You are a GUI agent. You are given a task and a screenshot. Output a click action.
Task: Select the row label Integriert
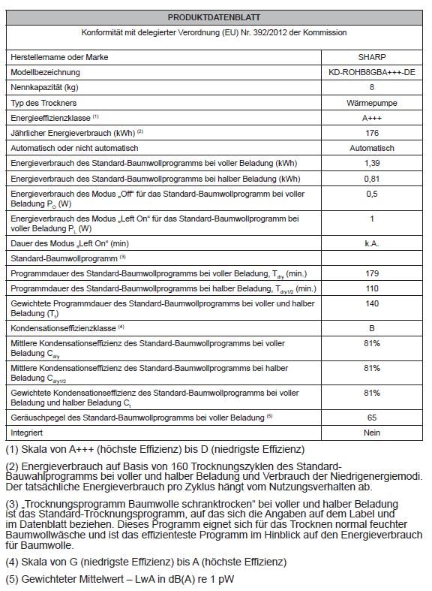coord(27,433)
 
